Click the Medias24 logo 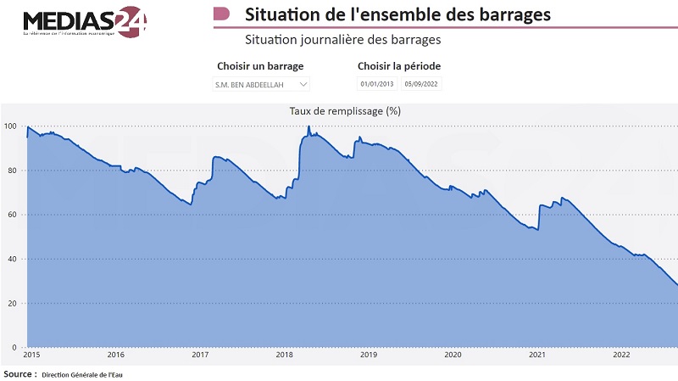(84, 21)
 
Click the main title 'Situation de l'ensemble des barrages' (397, 14)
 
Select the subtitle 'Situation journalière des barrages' (342, 40)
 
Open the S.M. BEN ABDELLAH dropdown (261, 84)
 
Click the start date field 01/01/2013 (377, 84)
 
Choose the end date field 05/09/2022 (421, 84)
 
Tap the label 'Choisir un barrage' (260, 66)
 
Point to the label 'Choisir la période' (399, 66)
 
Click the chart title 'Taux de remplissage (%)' (345, 110)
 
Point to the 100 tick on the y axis (10, 126)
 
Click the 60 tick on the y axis (12, 215)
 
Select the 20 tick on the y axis (12, 303)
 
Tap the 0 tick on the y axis (14, 347)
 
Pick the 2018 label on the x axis (285, 356)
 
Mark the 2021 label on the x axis (536, 356)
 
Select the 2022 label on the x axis (620, 356)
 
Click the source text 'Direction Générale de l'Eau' (83, 373)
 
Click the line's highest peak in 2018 (308, 127)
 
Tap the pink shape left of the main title (221, 14)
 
